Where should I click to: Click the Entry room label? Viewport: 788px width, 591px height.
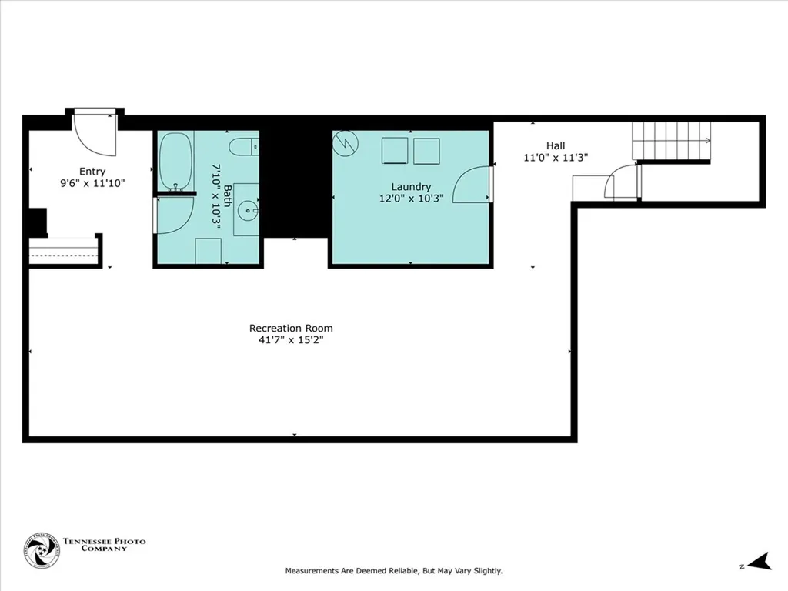pos(92,172)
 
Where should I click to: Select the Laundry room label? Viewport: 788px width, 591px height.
pos(411,186)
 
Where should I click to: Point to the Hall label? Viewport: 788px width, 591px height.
pos(556,145)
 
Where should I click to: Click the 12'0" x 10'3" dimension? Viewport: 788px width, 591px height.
pos(411,198)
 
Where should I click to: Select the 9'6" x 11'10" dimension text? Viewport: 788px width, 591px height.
pos(92,183)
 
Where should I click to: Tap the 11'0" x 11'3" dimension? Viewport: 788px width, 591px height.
pos(556,157)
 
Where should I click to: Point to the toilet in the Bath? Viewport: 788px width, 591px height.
pos(245,146)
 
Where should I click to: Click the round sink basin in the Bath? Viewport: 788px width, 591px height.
pos(246,208)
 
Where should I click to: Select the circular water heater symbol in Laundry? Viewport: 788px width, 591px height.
pos(344,143)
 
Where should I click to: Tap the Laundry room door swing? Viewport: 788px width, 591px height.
pos(472,185)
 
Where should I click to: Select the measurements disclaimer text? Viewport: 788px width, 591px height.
pos(393,571)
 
